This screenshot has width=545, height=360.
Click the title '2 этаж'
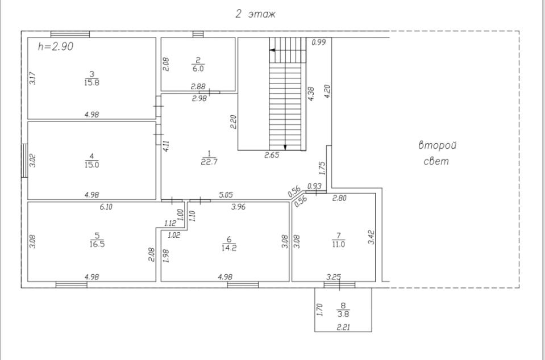coord(255,14)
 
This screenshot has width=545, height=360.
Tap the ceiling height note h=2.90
coord(56,47)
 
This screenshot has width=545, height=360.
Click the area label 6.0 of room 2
coord(198,68)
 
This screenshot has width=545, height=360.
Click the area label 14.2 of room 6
coord(229,247)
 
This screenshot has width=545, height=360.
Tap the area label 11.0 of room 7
coord(339,245)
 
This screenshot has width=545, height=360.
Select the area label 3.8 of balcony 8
coord(343,313)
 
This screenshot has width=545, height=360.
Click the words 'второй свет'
coord(437,153)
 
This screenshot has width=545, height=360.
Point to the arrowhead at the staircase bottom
coord(285,147)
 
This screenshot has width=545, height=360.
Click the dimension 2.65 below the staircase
coord(272,156)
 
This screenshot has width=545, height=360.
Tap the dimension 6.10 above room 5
coord(106,207)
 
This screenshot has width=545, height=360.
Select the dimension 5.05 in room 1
coord(226,195)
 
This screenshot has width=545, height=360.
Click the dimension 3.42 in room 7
coord(372,237)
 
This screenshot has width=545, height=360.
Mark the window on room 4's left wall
coord(24,161)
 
